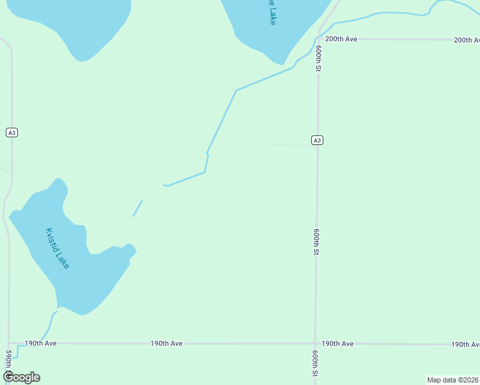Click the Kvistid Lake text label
pyautogui.click(x=57, y=248)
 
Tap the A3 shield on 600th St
pyautogui.click(x=317, y=141)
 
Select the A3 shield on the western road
pyautogui.click(x=12, y=133)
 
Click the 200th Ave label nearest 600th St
pyautogui.click(x=341, y=39)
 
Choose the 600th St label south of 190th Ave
pyautogui.click(x=315, y=364)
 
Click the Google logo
pyautogui.click(x=22, y=377)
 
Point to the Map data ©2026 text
pyautogui.click(x=452, y=380)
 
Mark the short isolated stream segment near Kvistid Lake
pyautogui.click(x=137, y=209)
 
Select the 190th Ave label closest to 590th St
pyautogui.click(x=41, y=343)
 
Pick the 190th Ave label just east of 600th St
pyautogui.click(x=338, y=344)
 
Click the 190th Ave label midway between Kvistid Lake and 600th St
pyautogui.click(x=167, y=344)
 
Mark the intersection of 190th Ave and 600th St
pyautogui.click(x=315, y=344)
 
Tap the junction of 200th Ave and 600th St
pyautogui.click(x=319, y=39)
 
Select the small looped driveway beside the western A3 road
pyautogui.click(x=6, y=167)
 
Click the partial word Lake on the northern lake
pyautogui.click(x=273, y=13)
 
